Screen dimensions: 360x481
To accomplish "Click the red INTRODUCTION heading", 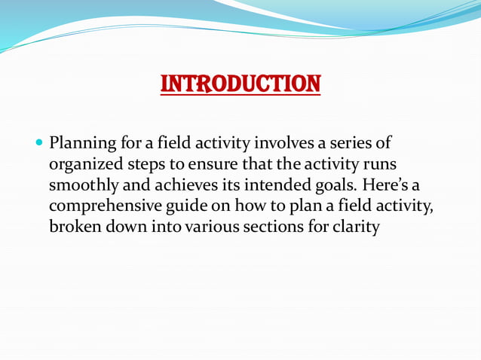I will [240, 83].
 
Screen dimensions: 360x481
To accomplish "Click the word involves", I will [286, 143].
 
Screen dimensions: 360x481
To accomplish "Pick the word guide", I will [183, 206].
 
